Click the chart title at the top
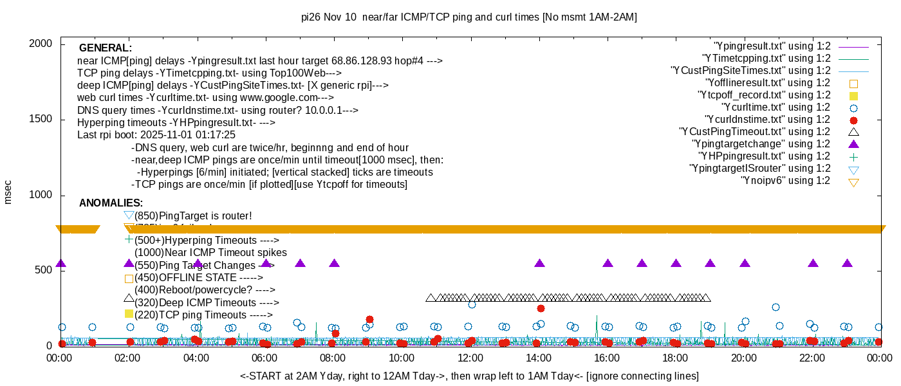point(469,17)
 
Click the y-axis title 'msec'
point(8,191)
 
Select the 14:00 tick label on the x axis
point(539,358)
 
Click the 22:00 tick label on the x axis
point(812,358)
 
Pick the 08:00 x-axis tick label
point(333,358)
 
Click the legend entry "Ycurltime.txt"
point(776,107)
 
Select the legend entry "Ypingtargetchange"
point(761,144)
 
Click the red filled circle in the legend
point(853,120)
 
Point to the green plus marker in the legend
point(853,157)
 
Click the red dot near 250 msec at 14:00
point(541,309)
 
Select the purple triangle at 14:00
point(539,263)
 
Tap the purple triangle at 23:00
point(847,263)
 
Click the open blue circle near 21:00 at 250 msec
point(776,308)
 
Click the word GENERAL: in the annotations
point(106,48)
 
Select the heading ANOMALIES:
point(111,203)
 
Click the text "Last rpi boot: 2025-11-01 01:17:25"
point(156,135)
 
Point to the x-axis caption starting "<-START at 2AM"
point(469,376)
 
